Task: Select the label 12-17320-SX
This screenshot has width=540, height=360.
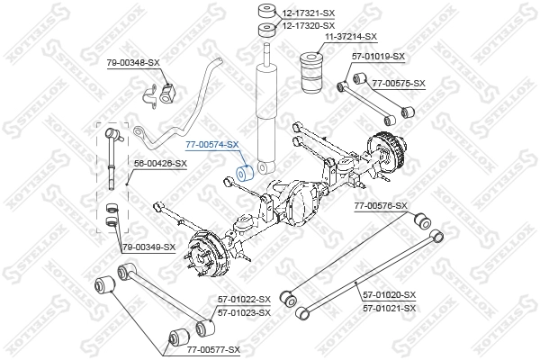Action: [x=310, y=26]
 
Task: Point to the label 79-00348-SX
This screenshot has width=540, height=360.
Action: [x=133, y=62]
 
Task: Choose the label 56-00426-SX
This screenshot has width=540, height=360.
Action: [x=160, y=164]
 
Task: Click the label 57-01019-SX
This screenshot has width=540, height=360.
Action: [x=378, y=57]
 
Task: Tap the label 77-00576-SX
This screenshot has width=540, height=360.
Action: [x=381, y=206]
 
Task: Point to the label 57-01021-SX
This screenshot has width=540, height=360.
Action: [x=389, y=308]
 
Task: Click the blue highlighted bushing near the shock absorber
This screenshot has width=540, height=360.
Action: [x=241, y=172]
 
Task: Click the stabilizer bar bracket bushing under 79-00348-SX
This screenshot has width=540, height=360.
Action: [x=158, y=92]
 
